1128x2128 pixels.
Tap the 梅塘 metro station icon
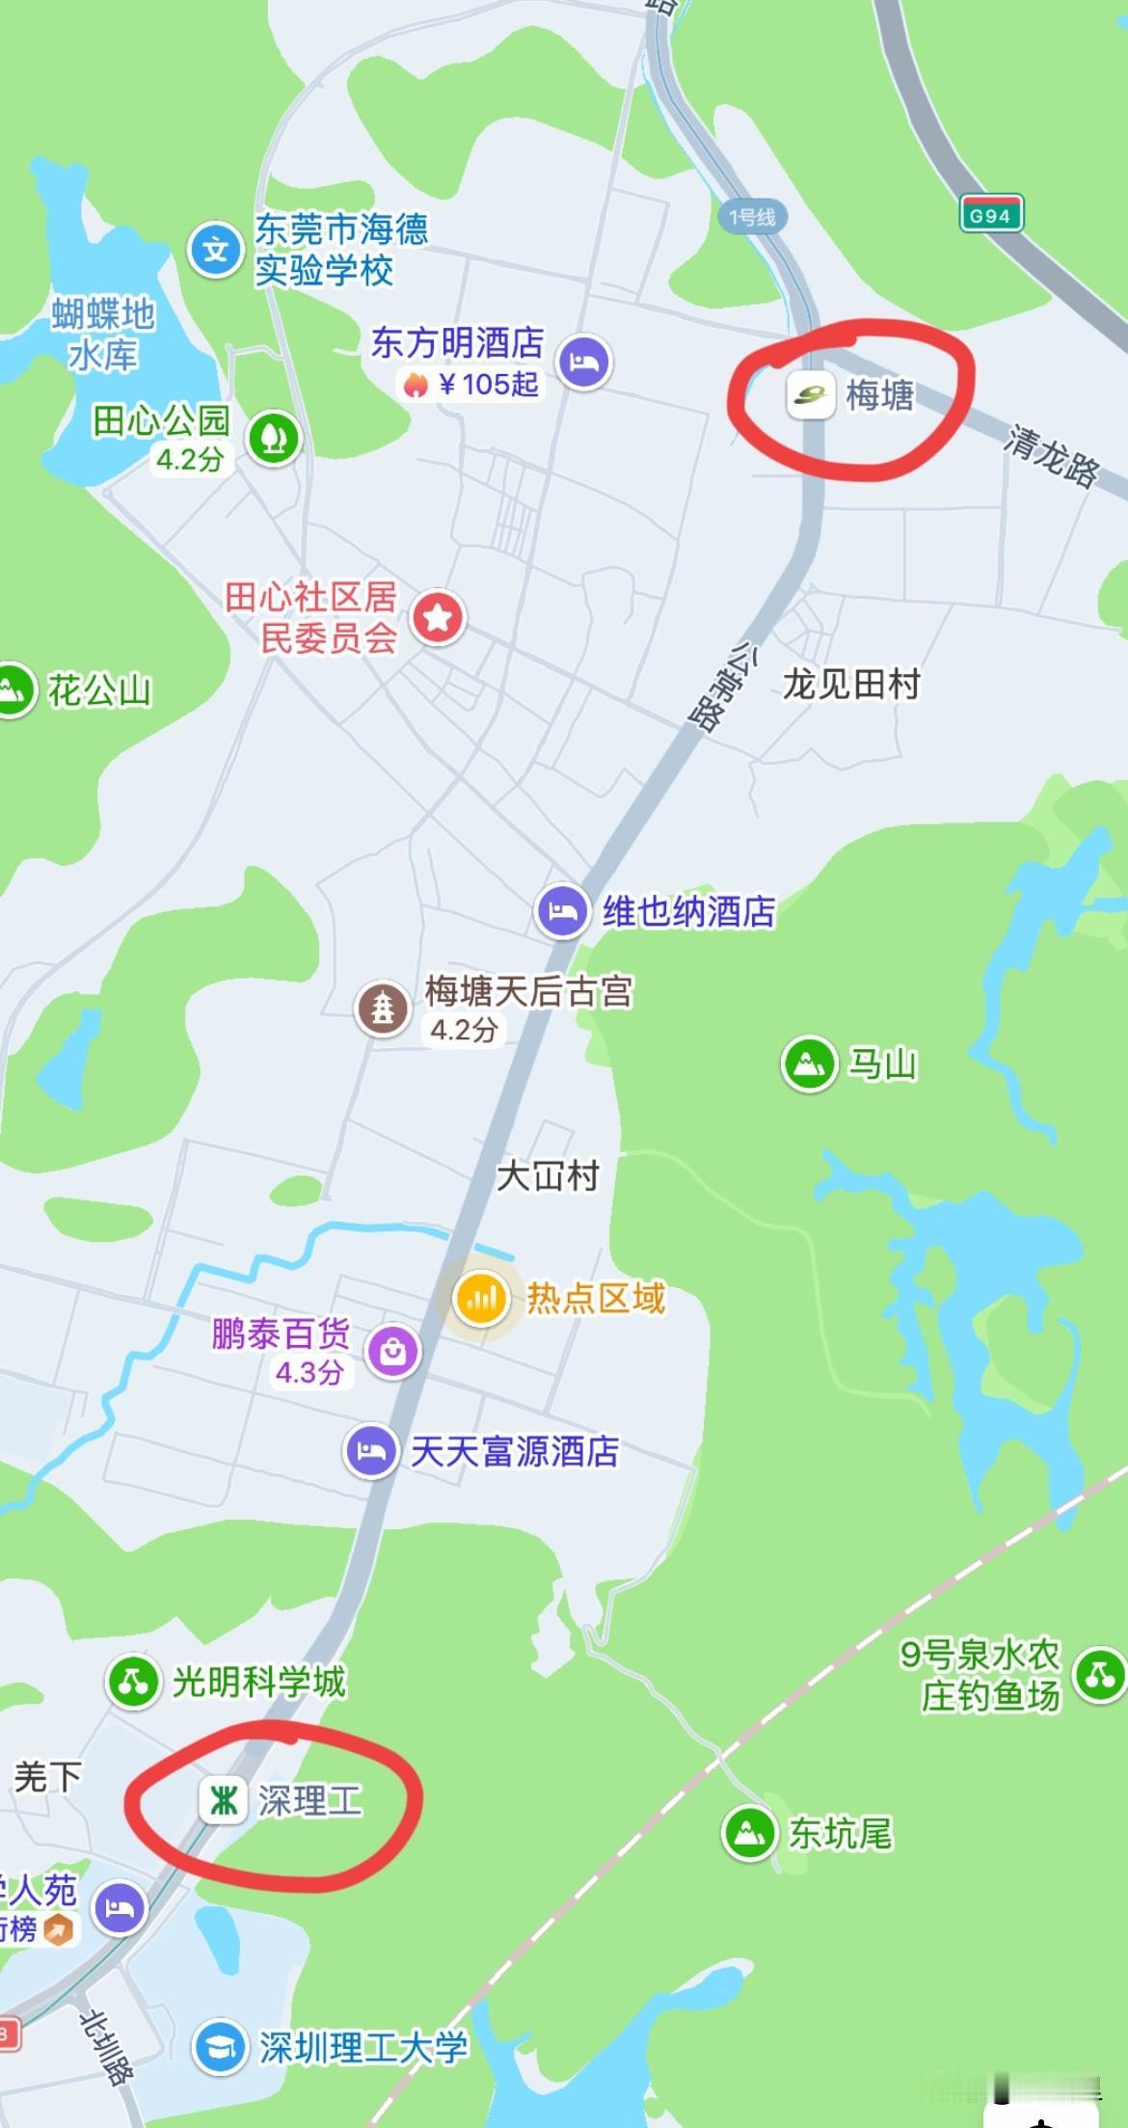tap(810, 394)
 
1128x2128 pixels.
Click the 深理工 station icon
tap(224, 1800)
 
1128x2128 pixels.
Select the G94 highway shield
tap(990, 215)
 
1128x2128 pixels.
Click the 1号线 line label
tap(752, 218)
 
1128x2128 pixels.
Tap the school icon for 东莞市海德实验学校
tap(215, 251)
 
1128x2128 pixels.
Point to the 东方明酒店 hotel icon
tap(585, 363)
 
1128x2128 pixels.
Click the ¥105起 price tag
tap(472, 385)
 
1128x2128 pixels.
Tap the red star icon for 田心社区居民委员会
tap(439, 617)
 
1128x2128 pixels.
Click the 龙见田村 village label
tap(851, 685)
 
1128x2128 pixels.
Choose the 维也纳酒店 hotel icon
tap(563, 910)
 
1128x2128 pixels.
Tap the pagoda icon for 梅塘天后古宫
tap(384, 1010)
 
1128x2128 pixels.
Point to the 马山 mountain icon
tap(808, 1064)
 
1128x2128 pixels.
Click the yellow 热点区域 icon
tap(481, 1298)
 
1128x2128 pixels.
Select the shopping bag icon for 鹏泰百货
tap(392, 1351)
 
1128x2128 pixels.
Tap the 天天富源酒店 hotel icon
tap(371, 1450)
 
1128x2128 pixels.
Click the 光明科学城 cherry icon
tap(133, 1682)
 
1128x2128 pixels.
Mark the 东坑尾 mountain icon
tap(749, 1832)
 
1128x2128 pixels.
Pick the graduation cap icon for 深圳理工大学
tap(220, 2048)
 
